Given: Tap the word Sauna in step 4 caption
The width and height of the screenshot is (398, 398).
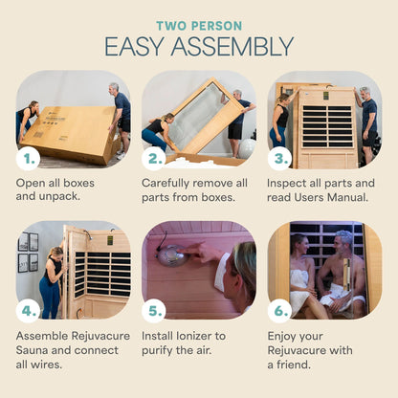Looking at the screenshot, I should tap(38, 350).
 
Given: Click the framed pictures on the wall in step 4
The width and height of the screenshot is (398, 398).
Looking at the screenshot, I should tap(28, 251).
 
